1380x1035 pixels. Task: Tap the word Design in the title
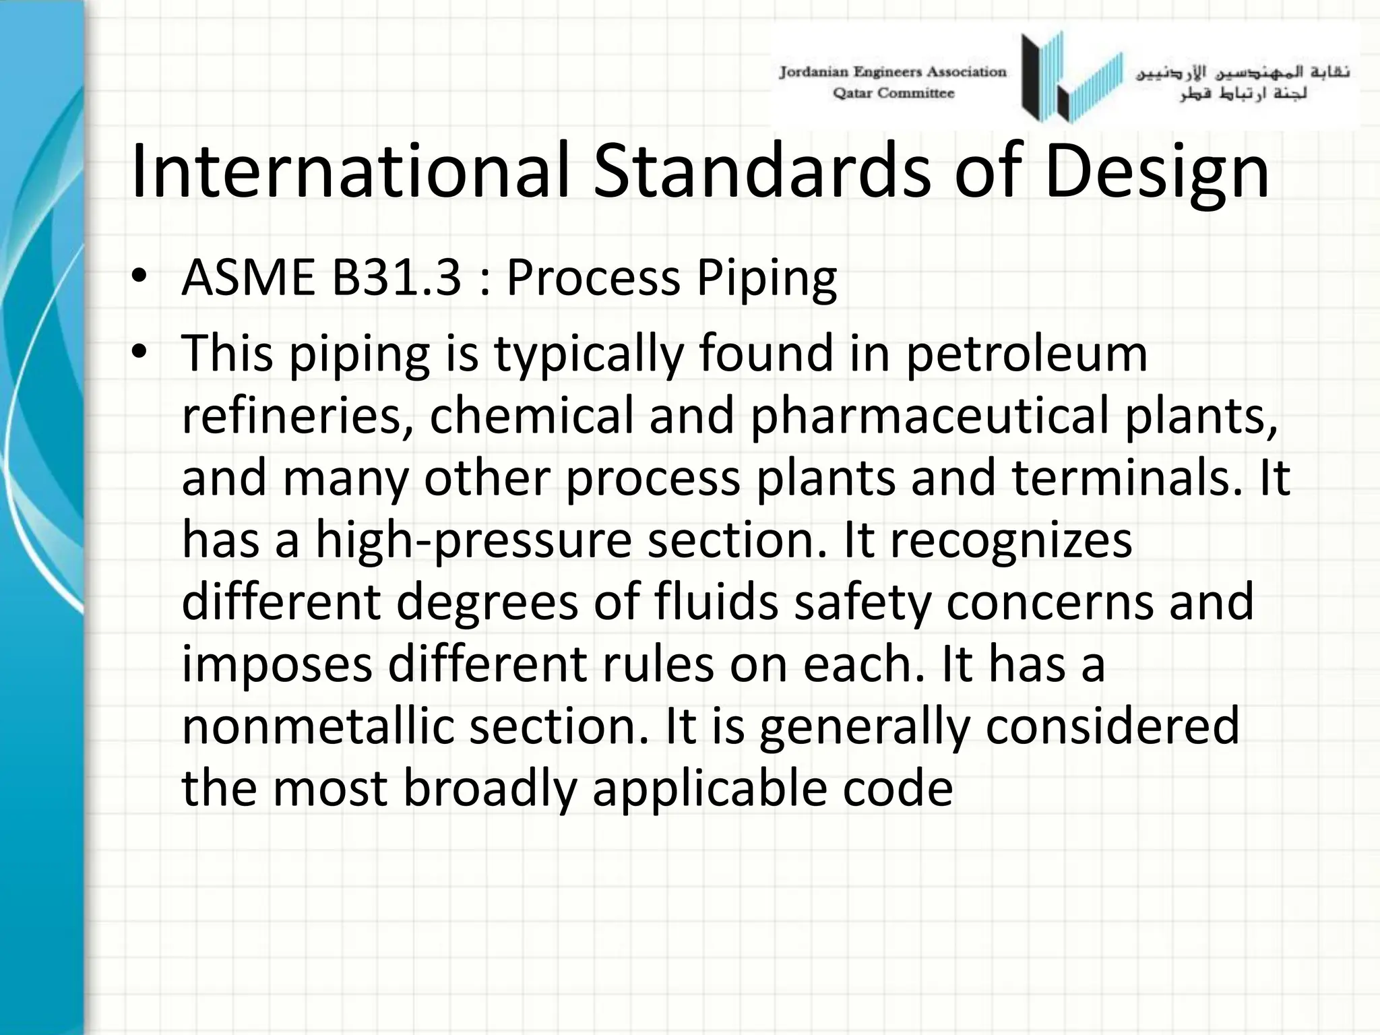coord(1156,172)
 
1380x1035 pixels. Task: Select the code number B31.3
coord(397,277)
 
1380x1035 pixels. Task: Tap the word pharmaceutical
coord(929,416)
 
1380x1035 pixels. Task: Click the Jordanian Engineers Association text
coord(892,72)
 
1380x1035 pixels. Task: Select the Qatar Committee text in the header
coord(893,94)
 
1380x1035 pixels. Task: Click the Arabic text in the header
coord(1243,83)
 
